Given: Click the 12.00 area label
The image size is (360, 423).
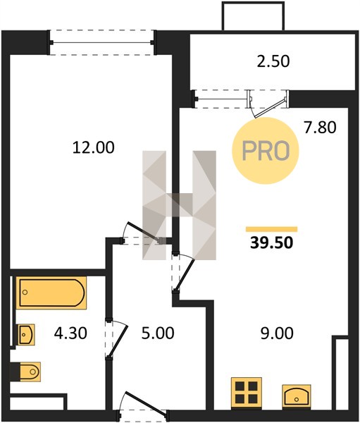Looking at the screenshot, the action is [x=93, y=147].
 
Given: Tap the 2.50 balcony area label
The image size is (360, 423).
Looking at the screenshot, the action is [x=273, y=61].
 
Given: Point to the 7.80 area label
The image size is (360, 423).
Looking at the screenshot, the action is [x=320, y=128].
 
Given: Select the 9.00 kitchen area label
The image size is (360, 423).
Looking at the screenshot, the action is [x=277, y=333].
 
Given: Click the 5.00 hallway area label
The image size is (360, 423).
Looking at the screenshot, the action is [x=158, y=333].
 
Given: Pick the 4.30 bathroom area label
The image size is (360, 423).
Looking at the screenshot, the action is [x=70, y=333].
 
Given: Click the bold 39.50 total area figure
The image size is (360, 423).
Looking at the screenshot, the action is [x=271, y=243].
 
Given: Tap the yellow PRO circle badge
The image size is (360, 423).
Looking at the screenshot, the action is [x=266, y=151].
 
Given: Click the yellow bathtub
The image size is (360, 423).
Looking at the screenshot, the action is [x=51, y=293].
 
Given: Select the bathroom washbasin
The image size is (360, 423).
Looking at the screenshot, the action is [x=26, y=334].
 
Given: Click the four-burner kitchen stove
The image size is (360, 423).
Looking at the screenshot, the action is [x=247, y=393].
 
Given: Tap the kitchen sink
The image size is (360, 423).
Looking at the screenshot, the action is [x=297, y=396].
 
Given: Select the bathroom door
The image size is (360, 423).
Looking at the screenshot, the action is [x=116, y=339].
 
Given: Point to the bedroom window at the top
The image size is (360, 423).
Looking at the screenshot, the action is [x=101, y=42].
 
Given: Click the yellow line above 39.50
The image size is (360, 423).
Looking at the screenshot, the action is [x=271, y=229].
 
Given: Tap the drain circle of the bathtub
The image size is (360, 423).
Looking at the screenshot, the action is [x=25, y=292].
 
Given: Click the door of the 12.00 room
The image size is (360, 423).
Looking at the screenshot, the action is [x=143, y=232].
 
